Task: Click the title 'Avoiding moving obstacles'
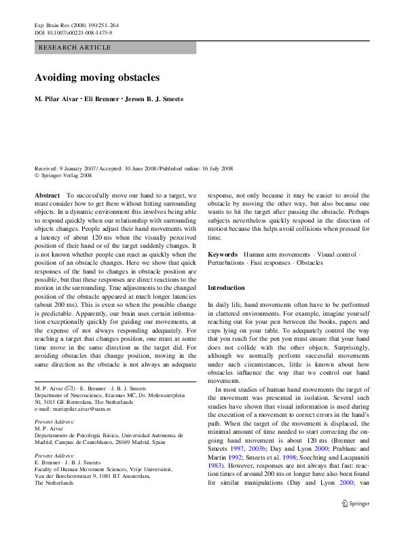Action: click(x=97, y=77)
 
